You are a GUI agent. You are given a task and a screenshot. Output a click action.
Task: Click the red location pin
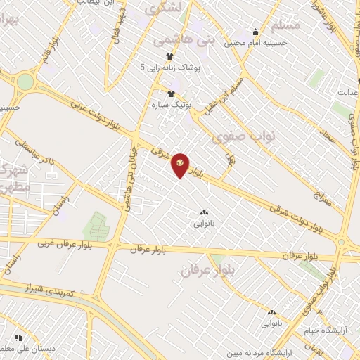click(x=180, y=165)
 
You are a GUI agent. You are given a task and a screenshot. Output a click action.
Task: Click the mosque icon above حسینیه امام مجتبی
click(x=255, y=32)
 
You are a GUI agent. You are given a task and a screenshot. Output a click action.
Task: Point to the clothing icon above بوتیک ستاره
click(x=169, y=93)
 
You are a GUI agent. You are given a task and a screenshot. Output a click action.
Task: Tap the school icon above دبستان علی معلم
click(x=18, y=338)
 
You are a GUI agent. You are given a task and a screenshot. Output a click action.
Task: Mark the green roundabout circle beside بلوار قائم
click(x=25, y=82)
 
